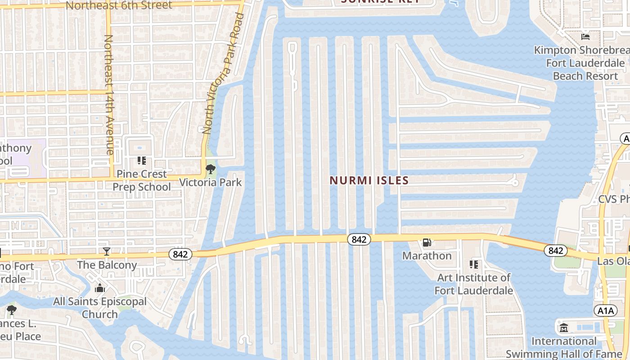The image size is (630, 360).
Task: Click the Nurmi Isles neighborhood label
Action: click(x=369, y=180)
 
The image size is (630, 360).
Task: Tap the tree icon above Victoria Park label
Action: click(x=210, y=170)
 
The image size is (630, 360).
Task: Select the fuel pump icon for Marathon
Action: click(x=427, y=243)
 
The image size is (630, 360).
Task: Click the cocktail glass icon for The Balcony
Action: click(x=107, y=251)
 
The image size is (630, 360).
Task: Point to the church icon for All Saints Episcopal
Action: click(x=100, y=288)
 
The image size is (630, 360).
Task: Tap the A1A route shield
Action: click(x=605, y=310)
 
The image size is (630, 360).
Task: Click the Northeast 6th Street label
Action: click(x=119, y=5)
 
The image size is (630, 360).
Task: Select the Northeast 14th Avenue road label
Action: click(x=109, y=94)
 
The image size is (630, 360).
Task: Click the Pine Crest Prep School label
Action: click(x=142, y=180)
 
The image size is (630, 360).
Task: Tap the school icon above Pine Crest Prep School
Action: click(x=142, y=161)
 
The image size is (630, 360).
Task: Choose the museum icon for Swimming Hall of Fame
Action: click(x=564, y=328)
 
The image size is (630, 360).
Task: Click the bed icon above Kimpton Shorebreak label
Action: click(x=585, y=36)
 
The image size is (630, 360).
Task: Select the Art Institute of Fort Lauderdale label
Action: click(x=473, y=284)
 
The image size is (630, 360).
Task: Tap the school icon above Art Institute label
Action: click(x=473, y=264)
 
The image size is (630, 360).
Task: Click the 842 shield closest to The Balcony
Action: click(x=180, y=254)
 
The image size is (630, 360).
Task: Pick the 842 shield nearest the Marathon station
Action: click(x=359, y=239)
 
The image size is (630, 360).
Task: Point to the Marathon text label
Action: click(x=427, y=256)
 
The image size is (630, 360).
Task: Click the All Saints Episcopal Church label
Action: click(x=100, y=308)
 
